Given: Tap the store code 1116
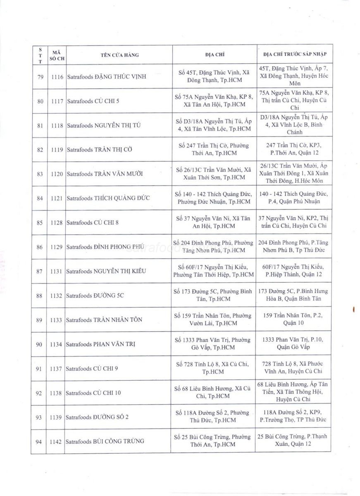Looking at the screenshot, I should [x=57, y=77].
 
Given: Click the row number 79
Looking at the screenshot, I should [x=40, y=77].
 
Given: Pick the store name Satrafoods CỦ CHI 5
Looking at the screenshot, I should [x=93, y=101].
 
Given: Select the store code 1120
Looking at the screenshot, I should [x=57, y=174].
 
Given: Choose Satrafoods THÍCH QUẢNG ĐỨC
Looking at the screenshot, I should [x=107, y=198].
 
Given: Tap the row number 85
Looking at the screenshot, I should [x=40, y=223].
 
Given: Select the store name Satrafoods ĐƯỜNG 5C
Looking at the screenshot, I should [x=95, y=296].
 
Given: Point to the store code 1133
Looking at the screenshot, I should [x=57, y=320].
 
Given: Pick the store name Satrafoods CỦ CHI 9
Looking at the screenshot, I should [x=92, y=368].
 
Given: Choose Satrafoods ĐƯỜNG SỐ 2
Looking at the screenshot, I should [x=97, y=417].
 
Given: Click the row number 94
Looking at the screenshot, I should [x=40, y=441].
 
